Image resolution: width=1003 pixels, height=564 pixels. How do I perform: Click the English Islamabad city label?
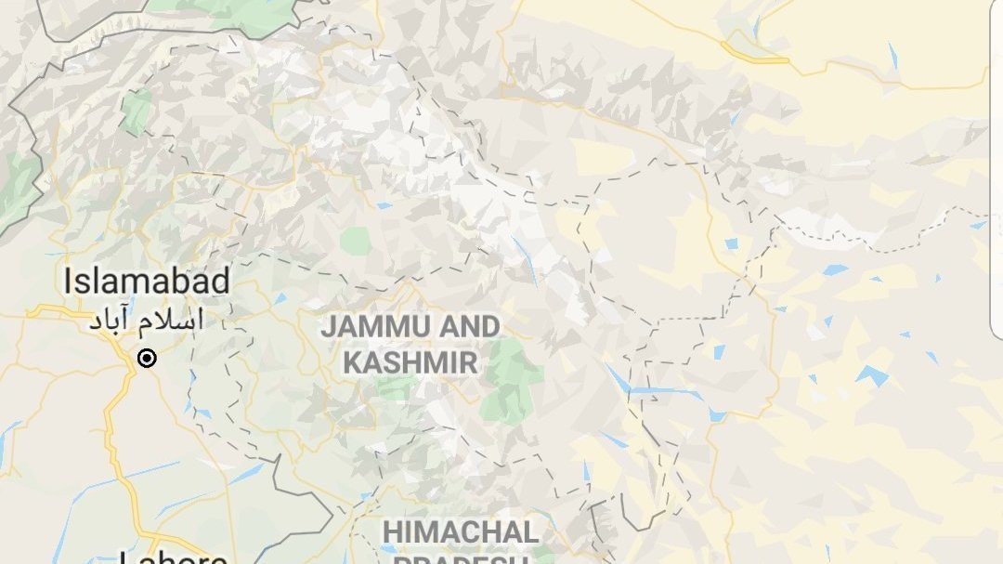click(147, 281)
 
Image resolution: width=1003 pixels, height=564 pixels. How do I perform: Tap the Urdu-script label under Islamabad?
click(146, 321)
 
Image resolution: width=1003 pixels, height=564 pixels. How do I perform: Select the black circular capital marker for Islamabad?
click(147, 359)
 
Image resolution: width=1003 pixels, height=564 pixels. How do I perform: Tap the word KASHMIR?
click(410, 362)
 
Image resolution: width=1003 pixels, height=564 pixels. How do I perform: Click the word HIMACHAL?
click(461, 532)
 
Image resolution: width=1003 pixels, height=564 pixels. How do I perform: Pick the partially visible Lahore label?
click(174, 557)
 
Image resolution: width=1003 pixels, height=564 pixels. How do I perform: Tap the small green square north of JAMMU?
click(355, 242)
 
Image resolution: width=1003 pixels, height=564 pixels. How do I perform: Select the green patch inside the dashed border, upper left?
click(137, 111)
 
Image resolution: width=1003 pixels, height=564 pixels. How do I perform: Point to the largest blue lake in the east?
click(871, 374)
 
